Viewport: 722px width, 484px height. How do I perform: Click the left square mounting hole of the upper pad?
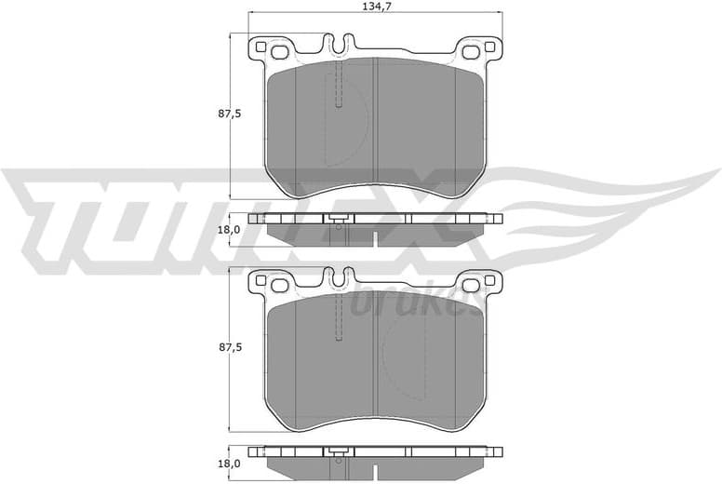click(x=261, y=48)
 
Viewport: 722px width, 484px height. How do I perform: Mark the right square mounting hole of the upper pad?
click(x=470, y=50)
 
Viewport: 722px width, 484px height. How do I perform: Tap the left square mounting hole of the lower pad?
click(x=261, y=282)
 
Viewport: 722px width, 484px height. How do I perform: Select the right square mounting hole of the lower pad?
click(x=470, y=284)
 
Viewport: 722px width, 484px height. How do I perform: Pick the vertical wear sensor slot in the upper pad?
click(x=339, y=84)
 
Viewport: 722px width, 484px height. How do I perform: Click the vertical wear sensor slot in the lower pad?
click(x=339, y=316)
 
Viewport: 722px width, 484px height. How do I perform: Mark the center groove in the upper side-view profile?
click(x=374, y=238)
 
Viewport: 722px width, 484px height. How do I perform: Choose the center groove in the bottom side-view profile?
click(x=374, y=471)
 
